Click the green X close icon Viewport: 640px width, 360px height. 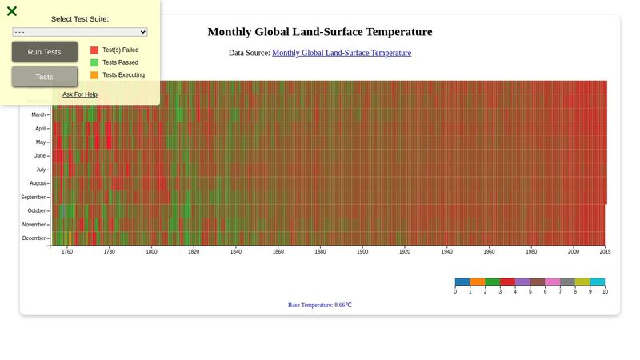(12, 11)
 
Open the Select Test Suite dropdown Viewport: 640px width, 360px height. (80, 32)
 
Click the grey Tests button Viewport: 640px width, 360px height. (45, 77)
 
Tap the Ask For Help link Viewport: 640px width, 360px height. (80, 94)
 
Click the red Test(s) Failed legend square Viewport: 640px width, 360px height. (94, 50)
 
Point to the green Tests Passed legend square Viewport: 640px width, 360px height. (94, 62)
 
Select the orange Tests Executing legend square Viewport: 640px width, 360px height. (94, 75)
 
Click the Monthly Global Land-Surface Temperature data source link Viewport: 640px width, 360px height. (342, 53)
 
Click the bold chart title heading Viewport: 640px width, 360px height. (320, 32)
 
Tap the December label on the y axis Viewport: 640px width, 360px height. (34, 238)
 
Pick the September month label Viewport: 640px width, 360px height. (34, 197)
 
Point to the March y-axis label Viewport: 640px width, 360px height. (39, 115)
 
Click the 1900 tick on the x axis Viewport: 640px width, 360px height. (362, 252)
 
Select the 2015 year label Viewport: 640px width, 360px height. (605, 252)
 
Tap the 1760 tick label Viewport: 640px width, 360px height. (67, 252)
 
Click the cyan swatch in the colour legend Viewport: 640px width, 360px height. (598, 282)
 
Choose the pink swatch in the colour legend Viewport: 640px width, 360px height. (553, 282)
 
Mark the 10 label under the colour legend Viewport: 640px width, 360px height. (605, 292)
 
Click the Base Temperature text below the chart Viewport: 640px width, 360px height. (320, 305)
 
